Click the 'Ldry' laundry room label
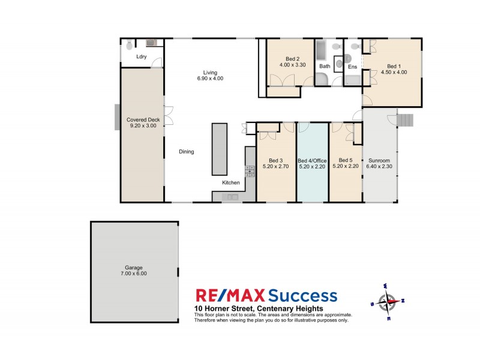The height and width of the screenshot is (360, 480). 142,57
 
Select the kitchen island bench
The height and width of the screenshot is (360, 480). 219,148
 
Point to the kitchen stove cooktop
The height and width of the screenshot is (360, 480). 250,171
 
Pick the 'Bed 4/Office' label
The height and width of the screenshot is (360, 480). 313,161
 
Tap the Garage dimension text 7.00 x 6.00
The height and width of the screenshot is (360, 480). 134,274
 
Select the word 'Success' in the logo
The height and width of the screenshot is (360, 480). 302,296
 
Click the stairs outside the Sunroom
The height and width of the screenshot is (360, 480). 406,121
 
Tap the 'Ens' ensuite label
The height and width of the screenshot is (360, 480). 353,67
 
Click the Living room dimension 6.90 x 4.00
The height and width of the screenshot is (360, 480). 209,79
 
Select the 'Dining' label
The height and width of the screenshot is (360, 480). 186,152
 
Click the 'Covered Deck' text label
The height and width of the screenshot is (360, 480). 142,120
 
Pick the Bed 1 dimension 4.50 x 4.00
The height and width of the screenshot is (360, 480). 394,72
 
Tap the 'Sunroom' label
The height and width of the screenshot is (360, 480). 379,161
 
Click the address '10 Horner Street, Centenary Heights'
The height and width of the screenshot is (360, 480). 259,308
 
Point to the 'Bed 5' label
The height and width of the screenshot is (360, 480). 345,160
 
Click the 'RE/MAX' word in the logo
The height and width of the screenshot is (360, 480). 230,296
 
